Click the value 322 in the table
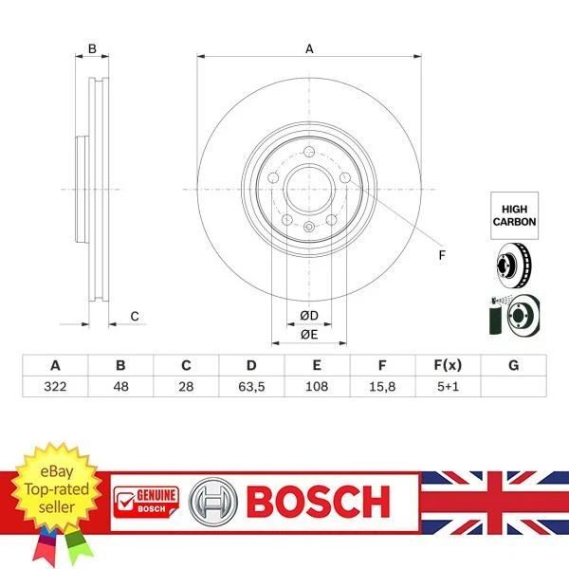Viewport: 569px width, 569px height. coord(55,387)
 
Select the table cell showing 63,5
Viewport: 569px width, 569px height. coord(251,387)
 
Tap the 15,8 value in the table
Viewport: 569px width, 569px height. coord(381,387)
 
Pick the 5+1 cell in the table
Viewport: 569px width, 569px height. coord(447,387)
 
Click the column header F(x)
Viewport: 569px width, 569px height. coord(447,365)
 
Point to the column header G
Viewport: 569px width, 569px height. coord(513,365)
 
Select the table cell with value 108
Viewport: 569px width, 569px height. coord(317,387)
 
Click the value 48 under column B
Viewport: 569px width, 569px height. coord(120,387)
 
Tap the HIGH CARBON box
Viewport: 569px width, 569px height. coord(514,214)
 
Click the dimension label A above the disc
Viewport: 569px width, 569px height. coord(309,48)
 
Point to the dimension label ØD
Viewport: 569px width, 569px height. coord(308,315)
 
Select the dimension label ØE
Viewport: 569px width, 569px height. coord(308,335)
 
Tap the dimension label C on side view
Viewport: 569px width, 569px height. coord(135,316)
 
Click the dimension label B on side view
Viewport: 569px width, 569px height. coord(92,48)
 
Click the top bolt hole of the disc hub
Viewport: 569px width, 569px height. coord(309,154)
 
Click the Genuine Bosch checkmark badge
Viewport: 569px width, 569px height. coord(145,501)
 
